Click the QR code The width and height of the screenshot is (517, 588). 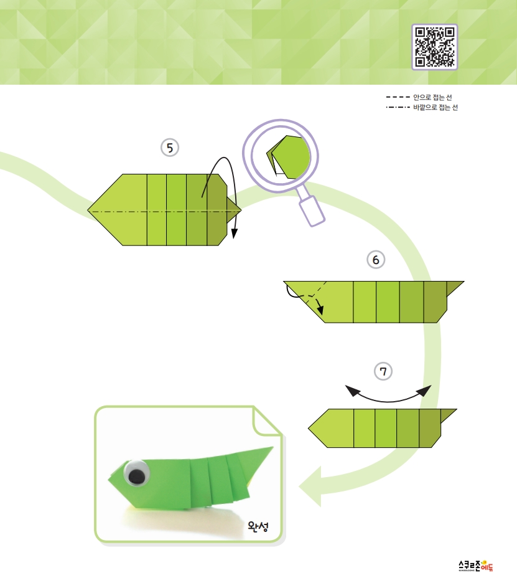(435, 47)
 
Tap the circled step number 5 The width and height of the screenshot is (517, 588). (170, 148)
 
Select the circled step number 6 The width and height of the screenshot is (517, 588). (376, 260)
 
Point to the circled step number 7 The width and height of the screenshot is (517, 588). (383, 371)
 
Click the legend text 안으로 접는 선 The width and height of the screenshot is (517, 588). (433, 97)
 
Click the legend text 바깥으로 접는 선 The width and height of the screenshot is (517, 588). (435, 107)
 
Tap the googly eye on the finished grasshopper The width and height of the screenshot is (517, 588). (136, 473)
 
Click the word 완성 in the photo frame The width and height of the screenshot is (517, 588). (258, 526)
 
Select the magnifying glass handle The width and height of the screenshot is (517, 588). (311, 211)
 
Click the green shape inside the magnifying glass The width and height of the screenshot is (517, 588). (289, 157)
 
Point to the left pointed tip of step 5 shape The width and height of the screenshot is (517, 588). (88, 211)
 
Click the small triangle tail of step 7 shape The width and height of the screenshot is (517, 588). (447, 415)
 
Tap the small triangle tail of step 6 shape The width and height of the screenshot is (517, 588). (454, 287)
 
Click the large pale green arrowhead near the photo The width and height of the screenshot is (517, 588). (310, 486)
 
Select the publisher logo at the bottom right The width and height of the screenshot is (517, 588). (476, 566)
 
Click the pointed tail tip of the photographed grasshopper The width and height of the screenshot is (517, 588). (272, 447)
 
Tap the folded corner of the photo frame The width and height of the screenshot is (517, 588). (268, 421)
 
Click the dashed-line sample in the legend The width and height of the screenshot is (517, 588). (398, 97)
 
